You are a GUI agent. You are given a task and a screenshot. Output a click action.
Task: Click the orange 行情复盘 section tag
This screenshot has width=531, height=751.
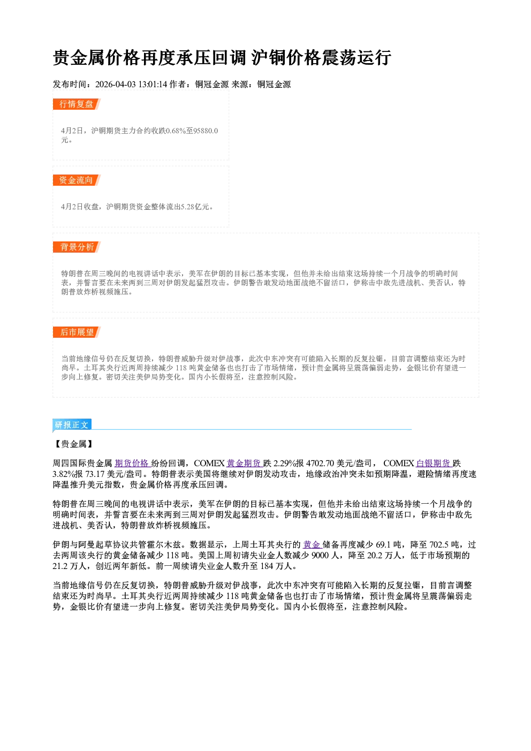click(77, 104)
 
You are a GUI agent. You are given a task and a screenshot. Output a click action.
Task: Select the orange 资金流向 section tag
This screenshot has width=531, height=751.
click(77, 180)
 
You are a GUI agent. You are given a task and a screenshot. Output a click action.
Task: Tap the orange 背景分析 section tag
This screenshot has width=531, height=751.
click(77, 247)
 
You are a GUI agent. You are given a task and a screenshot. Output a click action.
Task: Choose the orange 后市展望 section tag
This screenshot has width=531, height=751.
click(77, 332)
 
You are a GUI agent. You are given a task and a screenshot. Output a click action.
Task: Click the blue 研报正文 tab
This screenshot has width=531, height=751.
click(72, 425)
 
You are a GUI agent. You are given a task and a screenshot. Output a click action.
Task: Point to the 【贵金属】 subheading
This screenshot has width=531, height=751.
click(74, 444)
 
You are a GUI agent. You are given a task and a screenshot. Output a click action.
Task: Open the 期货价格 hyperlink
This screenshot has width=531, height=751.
click(132, 464)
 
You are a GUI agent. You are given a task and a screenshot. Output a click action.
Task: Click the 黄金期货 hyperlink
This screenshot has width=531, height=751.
click(244, 464)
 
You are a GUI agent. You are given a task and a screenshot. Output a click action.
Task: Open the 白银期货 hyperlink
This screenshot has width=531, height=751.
click(434, 464)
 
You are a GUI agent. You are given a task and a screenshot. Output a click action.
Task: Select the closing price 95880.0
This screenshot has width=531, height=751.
click(206, 131)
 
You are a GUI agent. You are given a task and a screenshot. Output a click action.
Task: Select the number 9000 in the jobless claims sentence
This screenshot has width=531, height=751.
click(320, 556)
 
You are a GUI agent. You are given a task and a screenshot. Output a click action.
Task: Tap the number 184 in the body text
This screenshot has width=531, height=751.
click(267, 566)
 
